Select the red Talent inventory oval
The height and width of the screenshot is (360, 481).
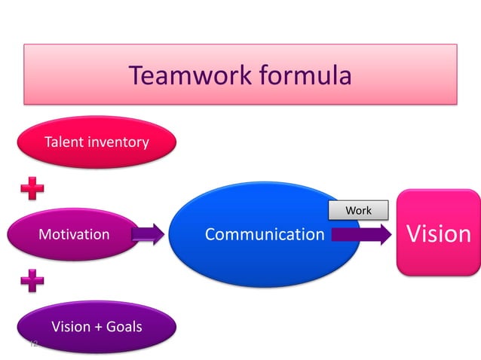(97, 142)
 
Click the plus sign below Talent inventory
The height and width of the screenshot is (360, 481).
(32, 188)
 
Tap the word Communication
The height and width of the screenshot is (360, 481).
(265, 234)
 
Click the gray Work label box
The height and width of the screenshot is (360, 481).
(358, 210)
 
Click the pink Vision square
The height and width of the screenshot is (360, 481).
(438, 233)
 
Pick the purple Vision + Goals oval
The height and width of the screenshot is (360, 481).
(97, 327)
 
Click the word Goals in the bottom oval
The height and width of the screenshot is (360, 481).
(124, 327)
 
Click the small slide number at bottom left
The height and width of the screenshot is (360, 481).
(32, 344)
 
